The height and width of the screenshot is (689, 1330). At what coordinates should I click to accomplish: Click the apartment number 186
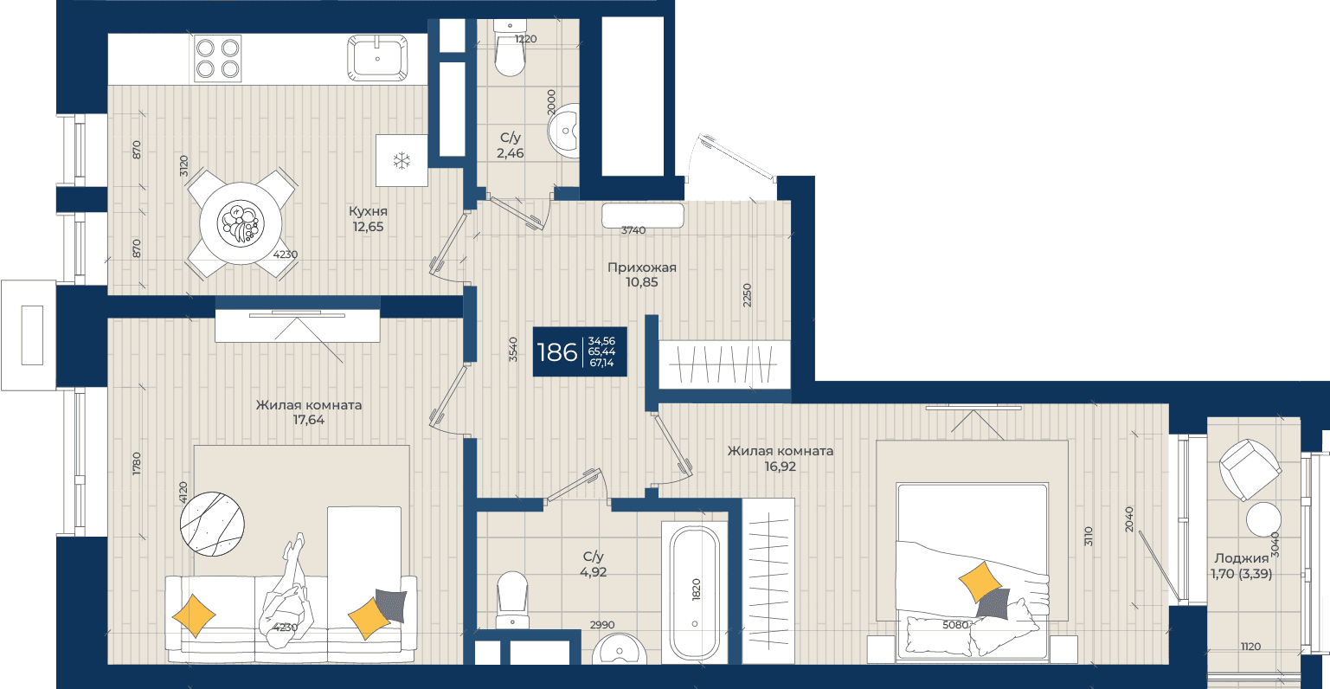point(557,352)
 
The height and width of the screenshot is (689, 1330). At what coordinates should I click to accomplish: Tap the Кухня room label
point(368,211)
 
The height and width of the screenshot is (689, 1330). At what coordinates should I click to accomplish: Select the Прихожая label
point(642,267)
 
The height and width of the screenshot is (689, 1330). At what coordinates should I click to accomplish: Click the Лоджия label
point(1242,558)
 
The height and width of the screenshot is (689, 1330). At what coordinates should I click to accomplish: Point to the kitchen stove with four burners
point(218,58)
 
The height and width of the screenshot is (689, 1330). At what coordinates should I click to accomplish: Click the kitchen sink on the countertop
point(377,58)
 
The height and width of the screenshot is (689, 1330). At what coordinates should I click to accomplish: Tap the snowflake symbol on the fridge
point(402,160)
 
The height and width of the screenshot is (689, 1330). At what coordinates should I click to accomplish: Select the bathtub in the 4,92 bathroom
point(695,593)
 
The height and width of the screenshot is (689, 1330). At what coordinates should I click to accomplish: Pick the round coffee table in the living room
point(212,524)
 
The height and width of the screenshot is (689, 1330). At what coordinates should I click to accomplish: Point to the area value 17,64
point(309,420)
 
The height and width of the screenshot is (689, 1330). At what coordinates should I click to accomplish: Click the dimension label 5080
point(955,625)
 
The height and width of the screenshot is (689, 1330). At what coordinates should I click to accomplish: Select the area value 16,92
point(781,467)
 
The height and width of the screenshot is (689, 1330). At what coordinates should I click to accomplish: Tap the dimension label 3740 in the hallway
point(633,230)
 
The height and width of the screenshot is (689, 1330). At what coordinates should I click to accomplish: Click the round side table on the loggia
point(1263,519)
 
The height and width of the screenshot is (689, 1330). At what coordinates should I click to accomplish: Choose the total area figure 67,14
point(601,363)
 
